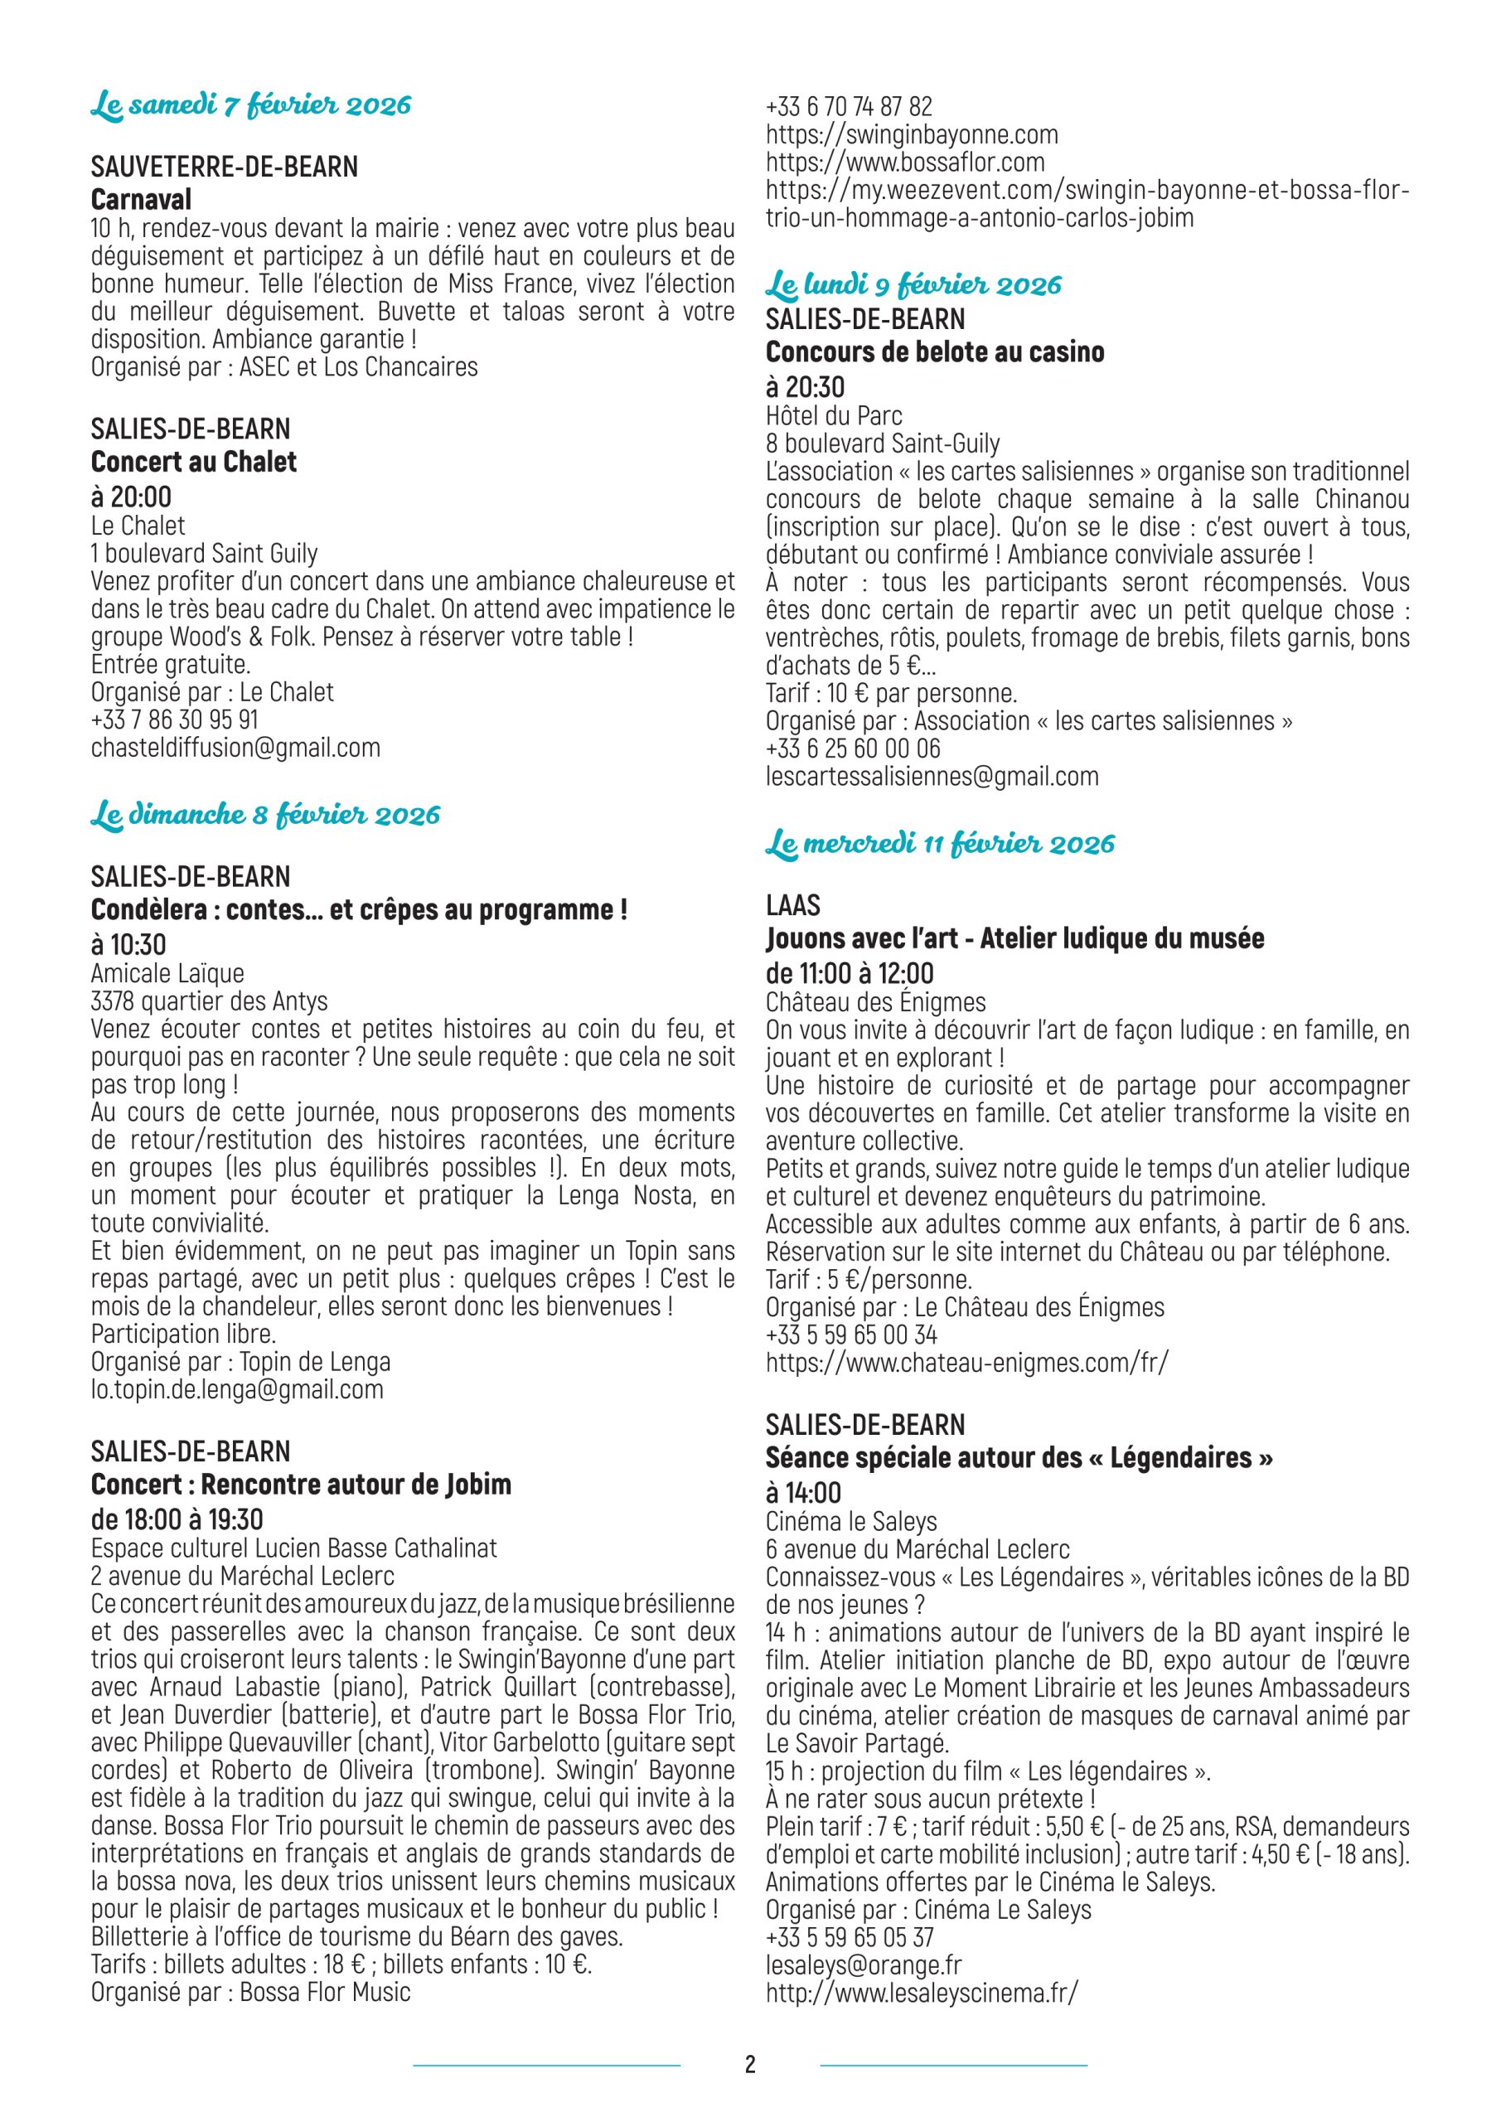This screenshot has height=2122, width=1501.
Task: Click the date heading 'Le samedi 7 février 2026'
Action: click(250, 105)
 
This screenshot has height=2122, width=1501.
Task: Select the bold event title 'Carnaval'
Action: click(142, 200)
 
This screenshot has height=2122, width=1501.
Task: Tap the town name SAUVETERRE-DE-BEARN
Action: click(224, 167)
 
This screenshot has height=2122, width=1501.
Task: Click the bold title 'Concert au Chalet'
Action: click(194, 461)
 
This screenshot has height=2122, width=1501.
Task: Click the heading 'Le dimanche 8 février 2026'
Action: click(265, 815)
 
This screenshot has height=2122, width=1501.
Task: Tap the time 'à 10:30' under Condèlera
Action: click(128, 945)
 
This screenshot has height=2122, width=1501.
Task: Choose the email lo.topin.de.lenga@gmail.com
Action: click(236, 1389)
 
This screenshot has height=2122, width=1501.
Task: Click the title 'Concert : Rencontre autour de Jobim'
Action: click(300, 1484)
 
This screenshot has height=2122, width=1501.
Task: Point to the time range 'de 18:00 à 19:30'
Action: click(177, 1519)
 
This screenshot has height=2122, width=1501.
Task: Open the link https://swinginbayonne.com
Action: click(912, 135)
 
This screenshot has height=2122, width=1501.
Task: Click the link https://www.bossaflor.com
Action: click(905, 162)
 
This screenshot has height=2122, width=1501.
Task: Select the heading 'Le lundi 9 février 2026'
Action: click(913, 284)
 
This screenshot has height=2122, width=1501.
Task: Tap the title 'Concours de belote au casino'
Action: click(934, 352)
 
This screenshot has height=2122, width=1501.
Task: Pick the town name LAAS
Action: click(792, 905)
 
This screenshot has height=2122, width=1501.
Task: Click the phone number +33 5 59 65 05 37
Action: click(850, 1936)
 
